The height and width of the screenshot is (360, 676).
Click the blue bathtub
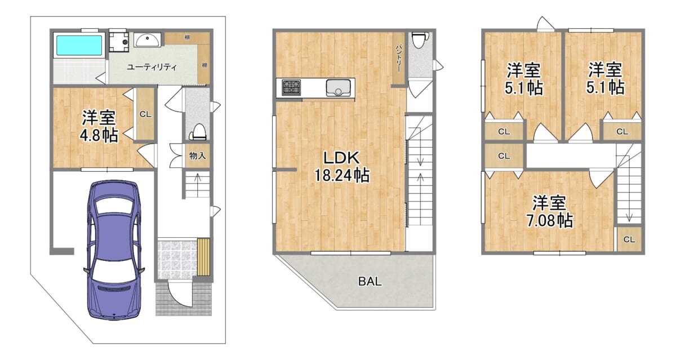pyautogui.click(x=79, y=45)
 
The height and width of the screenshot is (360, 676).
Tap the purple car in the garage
pyautogui.click(x=114, y=250)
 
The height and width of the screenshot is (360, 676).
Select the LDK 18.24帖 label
pyautogui.click(x=342, y=167)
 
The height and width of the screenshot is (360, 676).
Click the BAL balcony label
pyautogui.click(x=370, y=282)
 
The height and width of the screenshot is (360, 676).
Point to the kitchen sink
pyautogui.click(x=339, y=88)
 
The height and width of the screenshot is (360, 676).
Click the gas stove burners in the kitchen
pyautogui.click(x=291, y=87)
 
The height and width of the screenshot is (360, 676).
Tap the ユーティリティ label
pyautogui.click(x=152, y=67)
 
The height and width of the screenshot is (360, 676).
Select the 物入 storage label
pyautogui.click(x=197, y=155)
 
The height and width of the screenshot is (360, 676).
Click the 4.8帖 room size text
pyautogui.click(x=99, y=135)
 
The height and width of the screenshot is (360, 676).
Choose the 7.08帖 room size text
pyautogui.click(x=550, y=220)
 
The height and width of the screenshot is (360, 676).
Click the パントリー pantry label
pyautogui.click(x=398, y=58)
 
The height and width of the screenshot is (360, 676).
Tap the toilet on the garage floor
pyautogui.click(x=198, y=132)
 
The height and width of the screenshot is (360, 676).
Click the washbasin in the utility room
pyautogui.click(x=147, y=40)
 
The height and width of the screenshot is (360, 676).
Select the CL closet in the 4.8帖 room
pyautogui.click(x=145, y=114)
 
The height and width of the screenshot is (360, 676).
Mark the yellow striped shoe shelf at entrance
pyautogui.click(x=203, y=257)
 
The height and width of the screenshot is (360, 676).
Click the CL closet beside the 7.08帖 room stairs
pyautogui.click(x=629, y=239)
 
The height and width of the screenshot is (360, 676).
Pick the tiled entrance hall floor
pyautogui.click(x=177, y=259)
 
